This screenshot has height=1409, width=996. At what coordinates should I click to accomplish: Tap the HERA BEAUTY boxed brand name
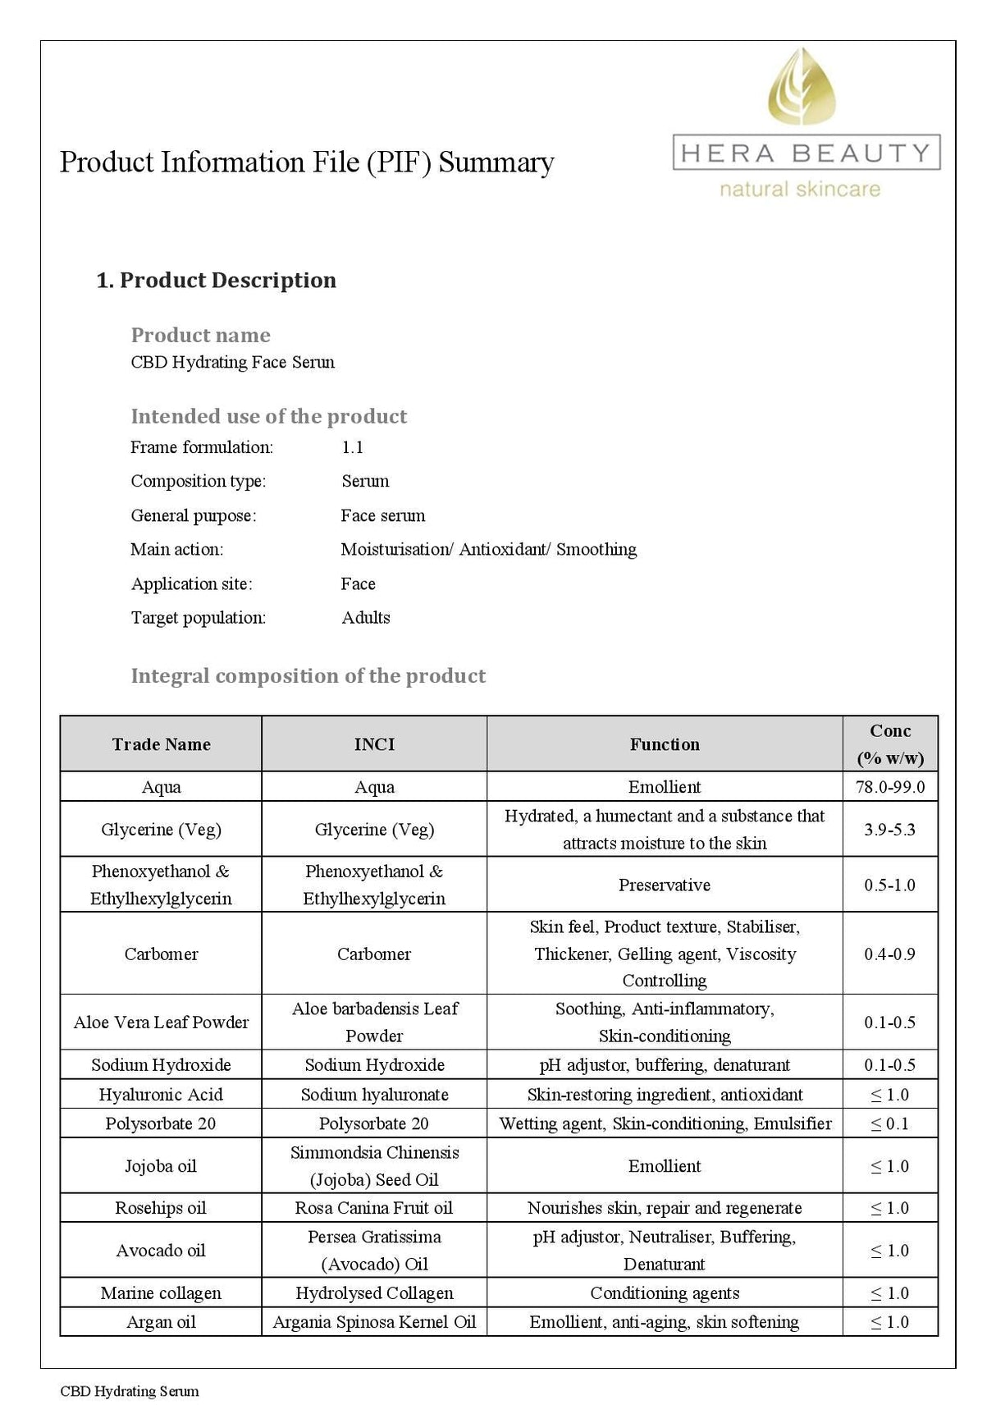806,153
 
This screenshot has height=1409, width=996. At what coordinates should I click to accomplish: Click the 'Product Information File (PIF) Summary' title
307,162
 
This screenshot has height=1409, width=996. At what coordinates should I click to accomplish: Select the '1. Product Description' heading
216,281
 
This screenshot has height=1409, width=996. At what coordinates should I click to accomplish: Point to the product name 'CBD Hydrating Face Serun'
233,362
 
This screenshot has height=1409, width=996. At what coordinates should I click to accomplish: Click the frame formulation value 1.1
353,447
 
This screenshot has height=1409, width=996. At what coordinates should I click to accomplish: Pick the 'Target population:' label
199,617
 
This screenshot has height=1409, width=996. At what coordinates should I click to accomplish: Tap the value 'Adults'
366,617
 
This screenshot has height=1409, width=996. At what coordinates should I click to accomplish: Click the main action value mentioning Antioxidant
488,549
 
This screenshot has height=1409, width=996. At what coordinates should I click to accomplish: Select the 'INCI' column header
374,744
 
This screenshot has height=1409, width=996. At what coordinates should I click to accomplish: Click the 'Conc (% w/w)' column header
890,743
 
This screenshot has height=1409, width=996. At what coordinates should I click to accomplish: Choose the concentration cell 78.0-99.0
890,787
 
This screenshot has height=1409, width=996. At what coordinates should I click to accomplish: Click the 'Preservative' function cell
665,885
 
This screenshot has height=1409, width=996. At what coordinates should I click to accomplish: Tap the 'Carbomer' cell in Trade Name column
161,954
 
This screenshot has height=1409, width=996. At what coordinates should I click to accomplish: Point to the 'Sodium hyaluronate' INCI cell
374,1094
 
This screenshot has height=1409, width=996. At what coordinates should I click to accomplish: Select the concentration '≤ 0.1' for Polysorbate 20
890,1123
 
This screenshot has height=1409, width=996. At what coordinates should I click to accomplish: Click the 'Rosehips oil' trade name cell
161,1208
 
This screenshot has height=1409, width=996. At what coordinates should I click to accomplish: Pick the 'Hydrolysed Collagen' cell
374,1292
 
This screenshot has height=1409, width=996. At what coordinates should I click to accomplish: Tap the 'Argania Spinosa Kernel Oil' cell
374,1322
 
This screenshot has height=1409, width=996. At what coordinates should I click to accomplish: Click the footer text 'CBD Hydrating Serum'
130,1391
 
